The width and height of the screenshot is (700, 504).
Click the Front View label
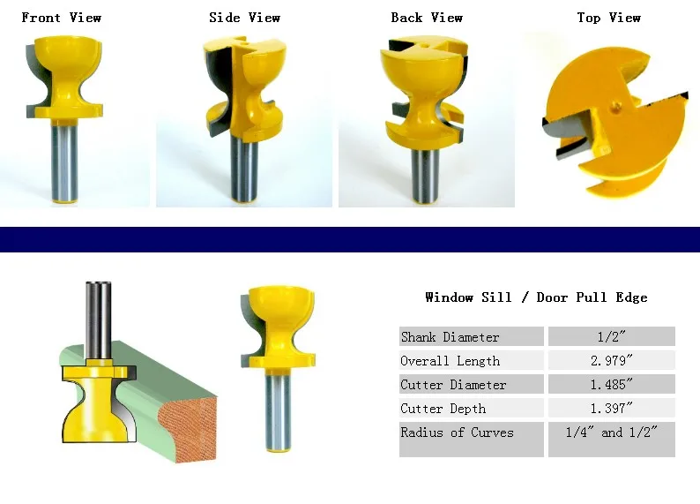point(61,18)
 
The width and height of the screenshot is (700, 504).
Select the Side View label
point(245,18)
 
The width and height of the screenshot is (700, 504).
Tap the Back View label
point(427,18)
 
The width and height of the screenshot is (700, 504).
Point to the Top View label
point(608,18)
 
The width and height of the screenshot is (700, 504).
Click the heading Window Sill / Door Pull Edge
point(536,297)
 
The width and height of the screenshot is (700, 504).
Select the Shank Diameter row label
point(450,337)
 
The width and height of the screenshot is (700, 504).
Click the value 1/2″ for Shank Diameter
point(611,336)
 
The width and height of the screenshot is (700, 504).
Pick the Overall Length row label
point(450,361)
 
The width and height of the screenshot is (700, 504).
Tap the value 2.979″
point(611,360)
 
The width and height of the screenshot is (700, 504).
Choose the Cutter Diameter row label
point(453,385)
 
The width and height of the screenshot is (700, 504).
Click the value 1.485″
point(611,384)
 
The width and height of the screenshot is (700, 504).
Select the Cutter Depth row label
point(443,409)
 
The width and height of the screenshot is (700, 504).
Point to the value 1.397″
point(611,408)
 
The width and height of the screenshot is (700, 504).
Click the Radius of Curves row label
point(457,433)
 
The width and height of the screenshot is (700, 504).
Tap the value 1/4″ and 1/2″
point(611,433)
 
